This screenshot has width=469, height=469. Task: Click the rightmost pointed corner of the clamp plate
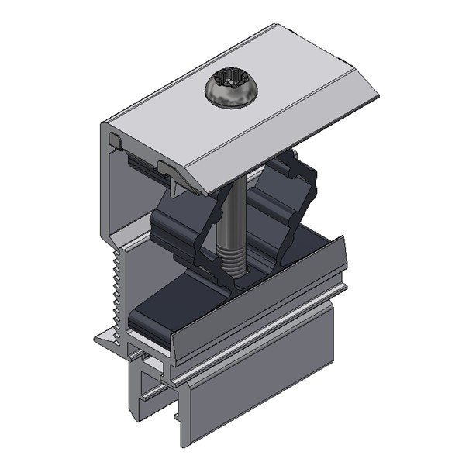click(x=378, y=97)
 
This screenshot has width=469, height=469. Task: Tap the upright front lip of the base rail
click(x=256, y=302)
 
